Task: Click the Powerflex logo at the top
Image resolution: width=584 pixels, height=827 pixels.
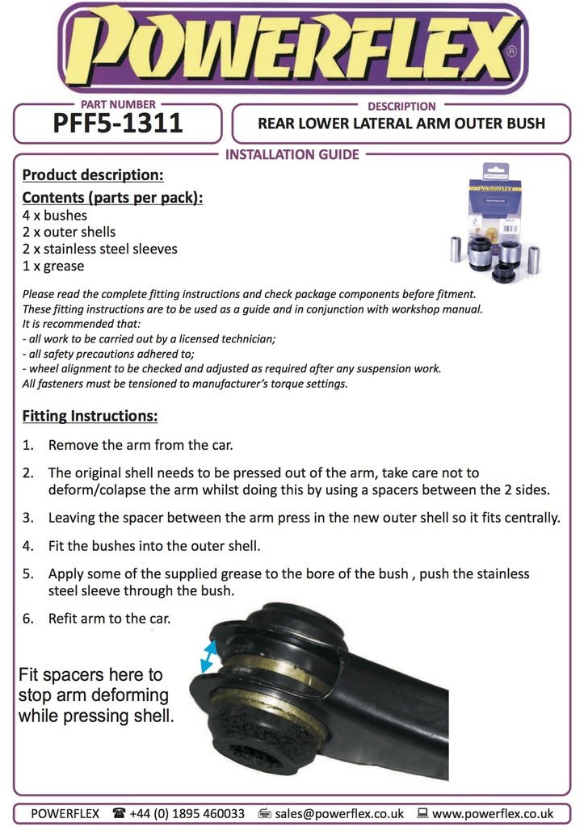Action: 292,49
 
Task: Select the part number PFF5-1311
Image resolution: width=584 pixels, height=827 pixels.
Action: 117,124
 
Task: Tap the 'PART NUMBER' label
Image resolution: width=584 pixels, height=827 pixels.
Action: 118,105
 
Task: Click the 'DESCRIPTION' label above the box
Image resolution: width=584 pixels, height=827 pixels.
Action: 401,106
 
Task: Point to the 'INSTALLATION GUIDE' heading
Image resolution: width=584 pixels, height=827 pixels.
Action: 292,154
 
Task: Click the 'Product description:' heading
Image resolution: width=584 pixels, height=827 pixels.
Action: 93,174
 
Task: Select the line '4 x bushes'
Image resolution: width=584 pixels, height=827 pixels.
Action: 55,216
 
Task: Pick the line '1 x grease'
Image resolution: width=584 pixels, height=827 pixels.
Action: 53,266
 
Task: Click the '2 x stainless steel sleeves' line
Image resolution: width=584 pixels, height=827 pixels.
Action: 100,249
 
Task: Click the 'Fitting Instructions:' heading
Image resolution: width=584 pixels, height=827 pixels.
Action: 90,417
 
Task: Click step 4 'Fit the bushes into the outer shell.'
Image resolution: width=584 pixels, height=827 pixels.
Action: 154,546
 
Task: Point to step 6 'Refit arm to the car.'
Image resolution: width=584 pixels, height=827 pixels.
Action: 110,619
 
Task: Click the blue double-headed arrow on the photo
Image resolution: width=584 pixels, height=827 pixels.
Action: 208,655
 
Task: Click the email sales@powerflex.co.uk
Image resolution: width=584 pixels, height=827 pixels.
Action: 338,813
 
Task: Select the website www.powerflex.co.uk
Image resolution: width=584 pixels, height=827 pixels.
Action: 492,813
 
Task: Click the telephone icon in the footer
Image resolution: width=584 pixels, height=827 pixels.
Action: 119,813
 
